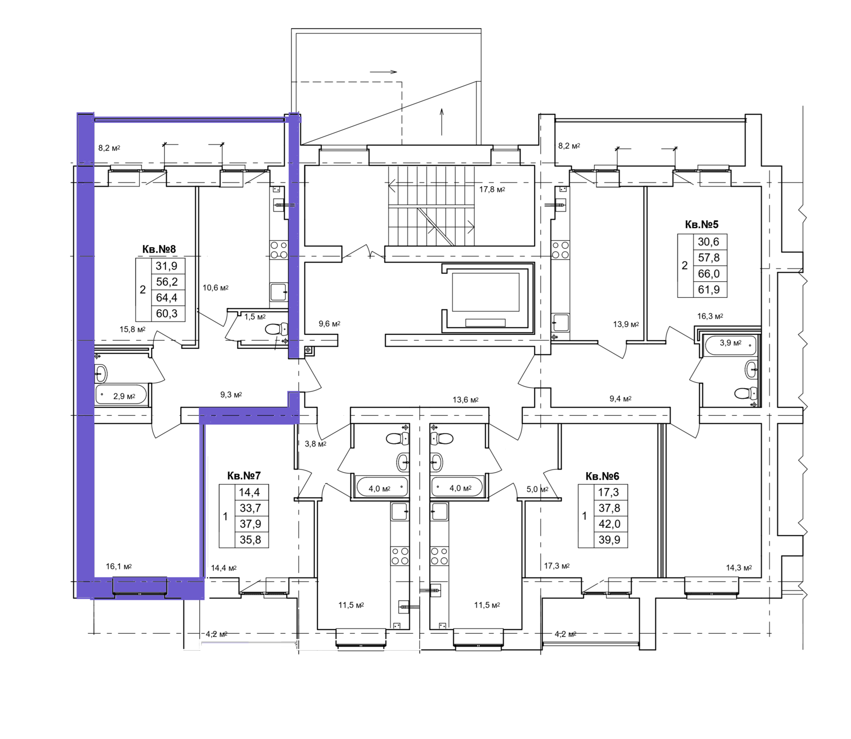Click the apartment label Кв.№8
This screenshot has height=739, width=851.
(158, 249)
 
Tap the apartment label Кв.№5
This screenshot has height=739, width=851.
(702, 225)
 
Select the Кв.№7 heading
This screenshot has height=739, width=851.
(244, 476)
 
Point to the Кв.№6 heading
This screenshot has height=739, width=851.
(602, 476)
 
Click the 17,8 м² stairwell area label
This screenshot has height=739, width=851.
(492, 189)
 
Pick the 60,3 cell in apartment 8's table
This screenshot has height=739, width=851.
(166, 314)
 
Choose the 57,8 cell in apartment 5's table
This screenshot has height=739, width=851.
(708, 258)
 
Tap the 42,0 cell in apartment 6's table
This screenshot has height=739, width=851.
(609, 524)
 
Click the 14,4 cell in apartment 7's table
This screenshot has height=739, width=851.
(249, 492)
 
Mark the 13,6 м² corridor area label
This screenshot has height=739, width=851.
(465, 400)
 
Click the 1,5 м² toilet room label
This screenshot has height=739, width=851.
(255, 317)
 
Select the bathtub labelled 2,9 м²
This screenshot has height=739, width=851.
(121, 395)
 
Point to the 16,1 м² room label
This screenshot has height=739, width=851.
(119, 567)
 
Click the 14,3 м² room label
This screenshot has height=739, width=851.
(739, 568)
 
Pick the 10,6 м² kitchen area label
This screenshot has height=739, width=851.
(215, 288)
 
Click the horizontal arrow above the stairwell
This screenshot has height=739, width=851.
(383, 72)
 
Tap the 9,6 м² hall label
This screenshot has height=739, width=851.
(329, 324)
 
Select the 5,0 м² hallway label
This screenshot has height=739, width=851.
(537, 489)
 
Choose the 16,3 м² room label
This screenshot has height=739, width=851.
(710, 316)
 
